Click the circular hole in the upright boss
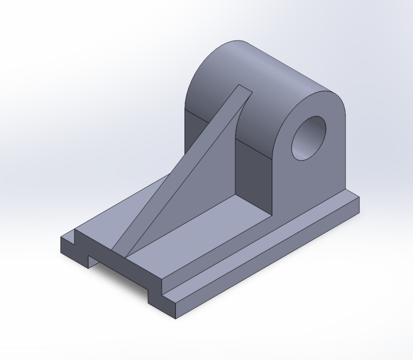coord(308,138)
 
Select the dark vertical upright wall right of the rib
coord(253,169)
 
